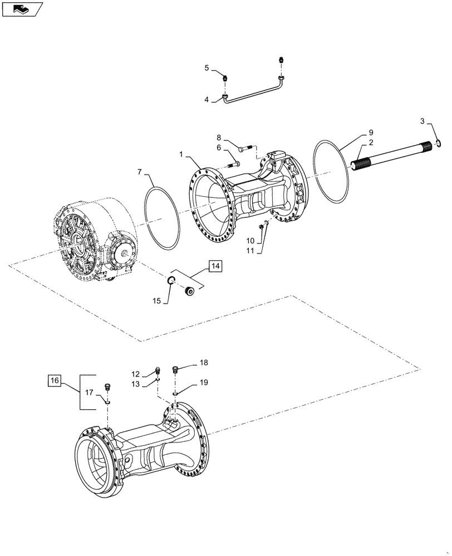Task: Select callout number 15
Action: [x=156, y=300]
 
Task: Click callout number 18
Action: [x=204, y=363]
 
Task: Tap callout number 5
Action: [x=207, y=68]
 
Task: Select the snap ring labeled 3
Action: [x=439, y=145]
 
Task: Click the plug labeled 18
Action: [x=176, y=368]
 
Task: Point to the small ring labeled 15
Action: [x=174, y=280]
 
